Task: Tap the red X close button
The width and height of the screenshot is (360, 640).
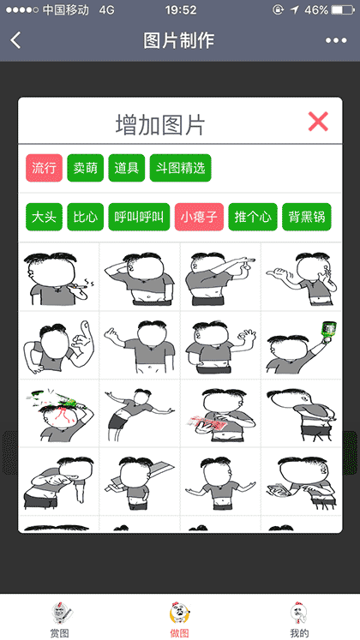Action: [x=318, y=122]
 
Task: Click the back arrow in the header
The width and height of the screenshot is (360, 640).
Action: [x=16, y=40]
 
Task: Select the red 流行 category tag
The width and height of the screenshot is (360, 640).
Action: [x=44, y=168]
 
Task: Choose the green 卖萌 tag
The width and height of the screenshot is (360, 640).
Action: [x=85, y=168]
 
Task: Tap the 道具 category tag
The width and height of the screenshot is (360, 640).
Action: [x=127, y=168]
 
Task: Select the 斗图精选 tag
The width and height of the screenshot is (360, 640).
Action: [x=180, y=168]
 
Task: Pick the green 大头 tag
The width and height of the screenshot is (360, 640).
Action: [x=44, y=217]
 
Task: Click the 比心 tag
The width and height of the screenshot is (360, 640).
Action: [x=85, y=217]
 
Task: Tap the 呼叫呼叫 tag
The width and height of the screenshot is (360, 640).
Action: [x=138, y=217]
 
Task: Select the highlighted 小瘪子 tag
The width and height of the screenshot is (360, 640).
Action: [x=199, y=217]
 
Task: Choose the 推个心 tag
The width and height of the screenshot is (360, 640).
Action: [x=252, y=217]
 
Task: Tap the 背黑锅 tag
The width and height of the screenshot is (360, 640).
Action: [x=305, y=217]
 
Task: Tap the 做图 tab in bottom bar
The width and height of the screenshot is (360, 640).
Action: [x=180, y=619]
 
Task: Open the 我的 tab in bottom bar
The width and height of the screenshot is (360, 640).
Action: [x=299, y=619]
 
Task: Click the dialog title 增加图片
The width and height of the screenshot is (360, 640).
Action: [x=160, y=124]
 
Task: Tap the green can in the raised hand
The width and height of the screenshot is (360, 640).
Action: [x=327, y=328]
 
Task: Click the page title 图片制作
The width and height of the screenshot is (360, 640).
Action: [x=179, y=40]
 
